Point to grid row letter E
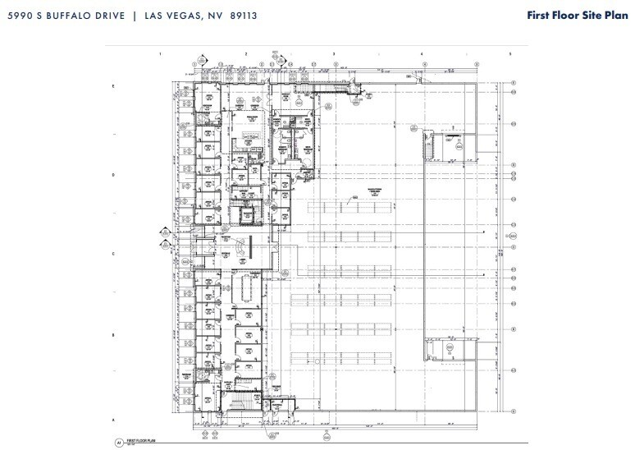pos(113,85)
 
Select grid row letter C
pos(113,255)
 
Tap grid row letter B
pos(113,335)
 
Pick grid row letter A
pos(113,419)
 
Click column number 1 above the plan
pos(161,53)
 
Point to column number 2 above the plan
pos(246,53)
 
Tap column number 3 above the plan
pos(334,53)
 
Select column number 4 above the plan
pos(422,53)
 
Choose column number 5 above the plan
pos(509,53)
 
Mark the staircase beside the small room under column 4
pos(427,147)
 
